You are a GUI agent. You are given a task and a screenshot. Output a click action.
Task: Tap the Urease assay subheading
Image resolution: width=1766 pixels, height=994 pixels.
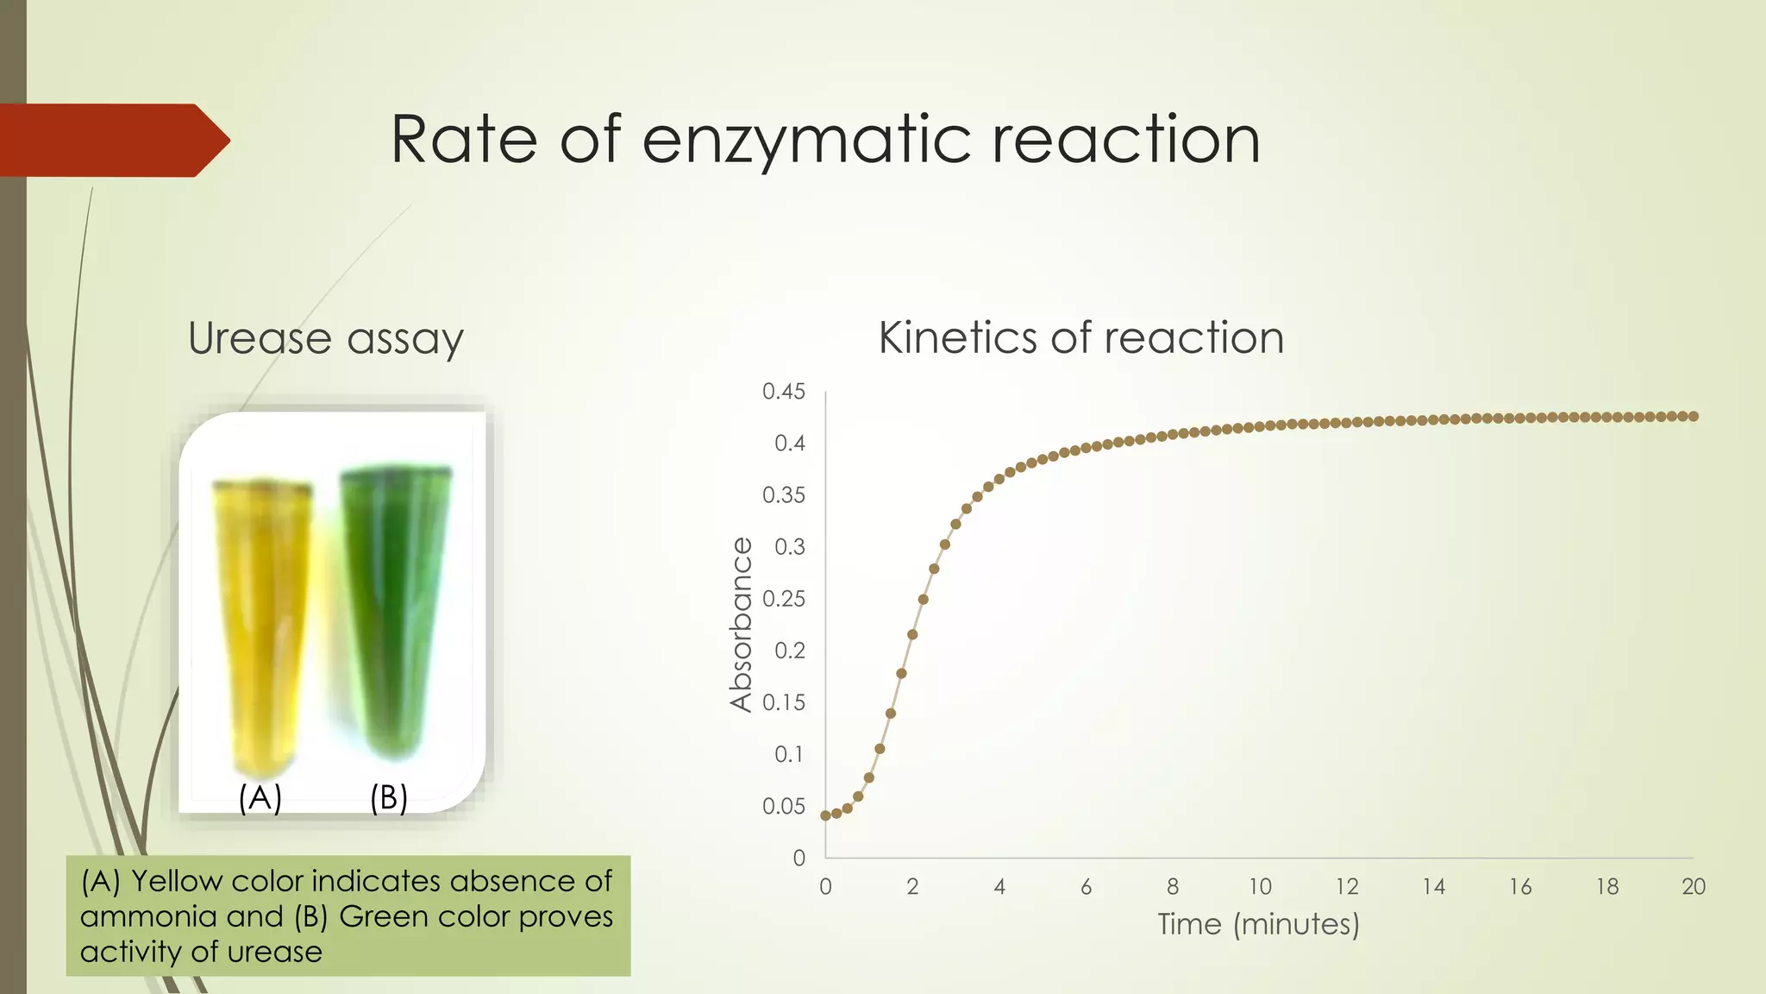[325, 338]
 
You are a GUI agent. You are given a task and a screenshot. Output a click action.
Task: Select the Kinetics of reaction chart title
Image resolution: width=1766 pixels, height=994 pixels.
[1080, 337]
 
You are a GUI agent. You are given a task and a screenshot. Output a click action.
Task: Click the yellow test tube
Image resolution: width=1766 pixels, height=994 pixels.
[262, 621]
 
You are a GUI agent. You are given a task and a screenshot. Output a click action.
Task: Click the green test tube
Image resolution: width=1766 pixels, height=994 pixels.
[395, 604]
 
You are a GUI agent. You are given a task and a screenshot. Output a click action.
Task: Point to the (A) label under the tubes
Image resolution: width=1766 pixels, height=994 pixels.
[260, 798]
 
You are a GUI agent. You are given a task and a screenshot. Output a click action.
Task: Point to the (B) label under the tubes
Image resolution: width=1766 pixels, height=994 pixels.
[388, 798]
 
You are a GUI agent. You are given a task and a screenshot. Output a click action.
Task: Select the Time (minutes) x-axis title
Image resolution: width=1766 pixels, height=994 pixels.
[1258, 925]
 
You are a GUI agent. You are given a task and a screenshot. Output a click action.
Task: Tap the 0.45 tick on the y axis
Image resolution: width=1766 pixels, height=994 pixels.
[783, 392]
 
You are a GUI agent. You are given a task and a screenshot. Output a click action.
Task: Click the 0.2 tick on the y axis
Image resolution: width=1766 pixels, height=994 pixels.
[789, 651]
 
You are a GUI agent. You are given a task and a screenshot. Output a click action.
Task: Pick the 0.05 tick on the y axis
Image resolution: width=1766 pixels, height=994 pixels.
[783, 807]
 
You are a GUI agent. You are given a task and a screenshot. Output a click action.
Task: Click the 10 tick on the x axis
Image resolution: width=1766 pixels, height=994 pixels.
[1260, 887]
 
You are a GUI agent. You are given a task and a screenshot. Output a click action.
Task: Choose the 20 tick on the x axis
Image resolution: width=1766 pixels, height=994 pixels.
[1693, 887]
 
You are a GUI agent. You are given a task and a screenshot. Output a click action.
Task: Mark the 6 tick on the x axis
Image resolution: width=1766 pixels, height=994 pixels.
[1086, 887]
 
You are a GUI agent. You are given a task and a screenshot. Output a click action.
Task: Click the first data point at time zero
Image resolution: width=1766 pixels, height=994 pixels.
[825, 815]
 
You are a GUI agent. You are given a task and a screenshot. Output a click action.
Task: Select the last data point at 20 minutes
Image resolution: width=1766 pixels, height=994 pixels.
[1694, 417]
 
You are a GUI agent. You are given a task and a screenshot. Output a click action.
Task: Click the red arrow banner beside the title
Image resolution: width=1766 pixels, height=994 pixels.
[112, 141]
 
